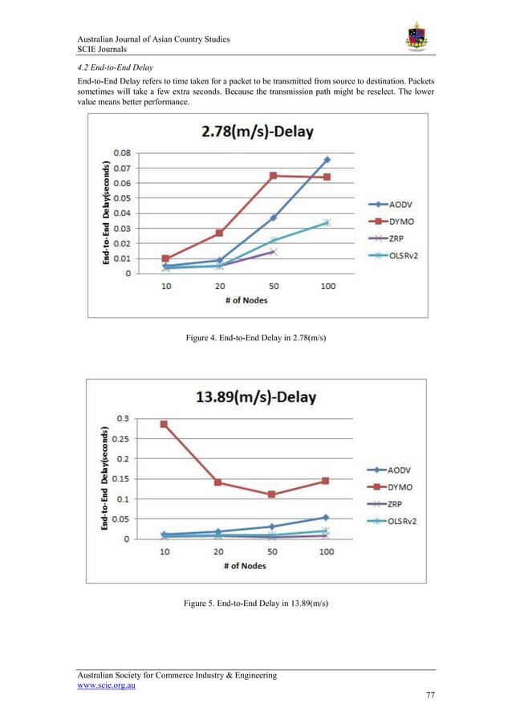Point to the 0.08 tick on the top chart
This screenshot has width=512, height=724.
[x=123, y=153]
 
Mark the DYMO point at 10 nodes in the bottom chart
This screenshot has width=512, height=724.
[x=165, y=424]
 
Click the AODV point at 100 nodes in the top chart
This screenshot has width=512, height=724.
[x=327, y=160]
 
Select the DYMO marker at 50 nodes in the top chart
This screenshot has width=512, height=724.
[x=273, y=175]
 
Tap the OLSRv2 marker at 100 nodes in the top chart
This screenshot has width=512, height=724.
[x=327, y=222]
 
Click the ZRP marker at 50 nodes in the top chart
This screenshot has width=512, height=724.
[x=273, y=252]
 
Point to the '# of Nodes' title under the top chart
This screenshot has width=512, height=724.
[x=246, y=301]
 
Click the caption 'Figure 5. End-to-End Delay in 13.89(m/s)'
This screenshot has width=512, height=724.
[x=256, y=602]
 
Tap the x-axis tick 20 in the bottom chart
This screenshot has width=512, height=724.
[x=218, y=552]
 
